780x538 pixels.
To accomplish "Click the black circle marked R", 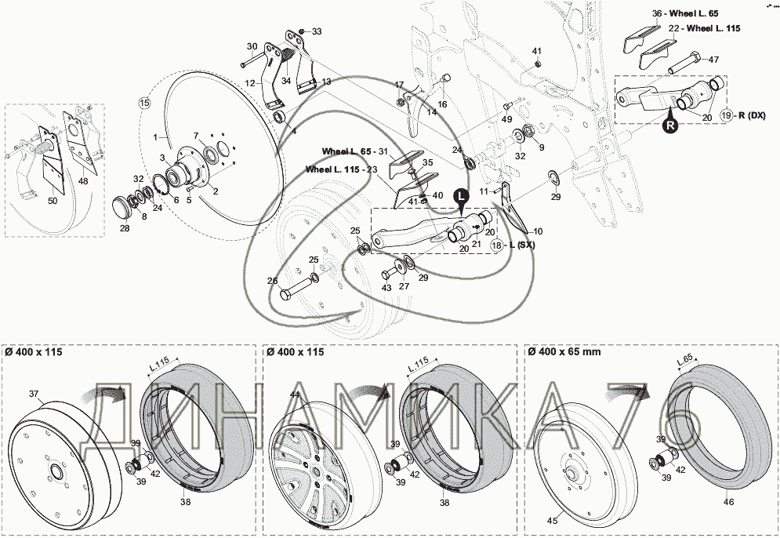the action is tap(670, 125).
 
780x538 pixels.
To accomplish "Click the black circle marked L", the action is tap(461, 195).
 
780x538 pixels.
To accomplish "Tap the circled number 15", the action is tap(143, 104).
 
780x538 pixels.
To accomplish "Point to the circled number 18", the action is tap(497, 245).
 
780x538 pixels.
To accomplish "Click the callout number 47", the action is tap(713, 60).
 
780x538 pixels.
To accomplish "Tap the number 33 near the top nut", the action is tap(317, 31).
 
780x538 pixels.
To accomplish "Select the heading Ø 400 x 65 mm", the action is tap(564, 352).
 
